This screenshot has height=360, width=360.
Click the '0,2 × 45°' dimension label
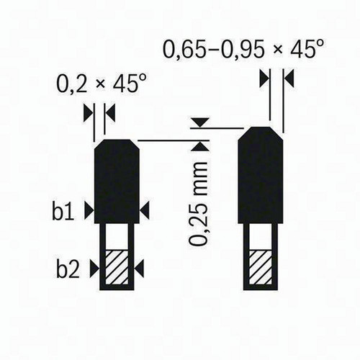[101, 84]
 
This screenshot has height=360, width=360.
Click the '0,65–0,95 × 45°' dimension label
[243, 49]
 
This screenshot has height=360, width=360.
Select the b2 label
[68, 269]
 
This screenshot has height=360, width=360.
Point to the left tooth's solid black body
[117, 181]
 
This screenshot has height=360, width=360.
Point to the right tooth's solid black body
[261, 175]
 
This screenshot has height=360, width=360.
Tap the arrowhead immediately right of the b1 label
[89, 211]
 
